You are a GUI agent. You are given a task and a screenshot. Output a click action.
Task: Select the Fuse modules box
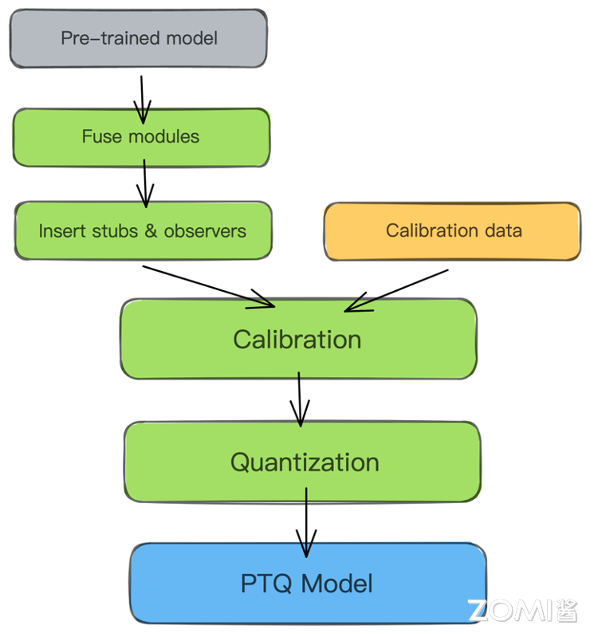(141, 137)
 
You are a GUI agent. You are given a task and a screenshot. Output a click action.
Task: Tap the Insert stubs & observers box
(144, 231)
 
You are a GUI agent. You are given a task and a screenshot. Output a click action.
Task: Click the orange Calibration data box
(452, 231)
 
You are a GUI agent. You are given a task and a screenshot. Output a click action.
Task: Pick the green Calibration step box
(297, 340)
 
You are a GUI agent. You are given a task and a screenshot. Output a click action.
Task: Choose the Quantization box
(304, 462)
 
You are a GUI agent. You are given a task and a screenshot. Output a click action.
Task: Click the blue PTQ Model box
(308, 584)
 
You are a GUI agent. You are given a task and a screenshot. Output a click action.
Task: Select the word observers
(205, 232)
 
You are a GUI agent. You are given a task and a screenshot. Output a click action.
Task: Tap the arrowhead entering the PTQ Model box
(305, 549)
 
